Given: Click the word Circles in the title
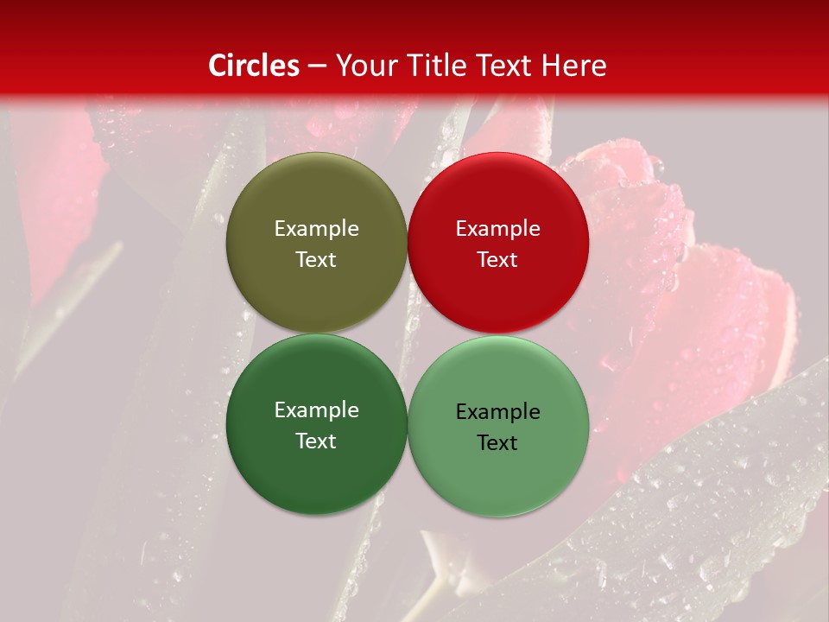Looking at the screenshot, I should coord(254,66).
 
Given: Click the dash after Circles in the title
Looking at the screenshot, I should coord(316,66).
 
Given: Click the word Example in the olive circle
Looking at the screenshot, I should coord(316,229).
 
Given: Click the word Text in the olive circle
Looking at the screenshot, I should coord(316,259).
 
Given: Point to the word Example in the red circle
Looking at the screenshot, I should coord(497,229).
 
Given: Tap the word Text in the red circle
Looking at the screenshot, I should coord(497,259).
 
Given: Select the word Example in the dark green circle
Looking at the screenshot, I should coord(316,410).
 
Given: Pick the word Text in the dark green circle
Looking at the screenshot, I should coord(316,441).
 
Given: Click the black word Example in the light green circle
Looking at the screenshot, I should coord(497,412).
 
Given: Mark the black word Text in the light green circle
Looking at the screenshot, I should coord(497,442).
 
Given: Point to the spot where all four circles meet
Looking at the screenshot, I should coord(407,333).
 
